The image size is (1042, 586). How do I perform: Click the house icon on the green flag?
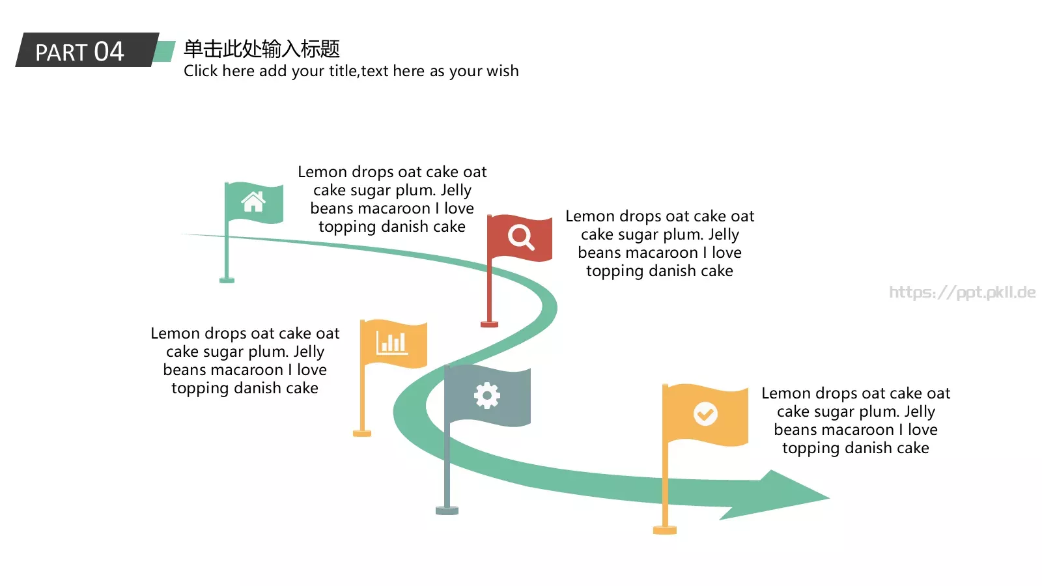point(253,202)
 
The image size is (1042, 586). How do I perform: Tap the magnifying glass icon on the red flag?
point(520,237)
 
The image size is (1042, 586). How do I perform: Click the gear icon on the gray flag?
point(487,395)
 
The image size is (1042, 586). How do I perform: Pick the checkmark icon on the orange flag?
point(705,413)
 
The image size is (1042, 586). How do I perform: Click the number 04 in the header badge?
point(109,51)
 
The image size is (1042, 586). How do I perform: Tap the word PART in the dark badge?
point(61,53)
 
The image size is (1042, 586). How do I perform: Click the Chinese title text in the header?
point(262,49)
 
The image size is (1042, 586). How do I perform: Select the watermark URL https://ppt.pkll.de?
point(963,292)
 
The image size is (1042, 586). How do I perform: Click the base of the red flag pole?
point(489,324)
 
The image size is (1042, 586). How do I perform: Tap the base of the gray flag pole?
point(447,510)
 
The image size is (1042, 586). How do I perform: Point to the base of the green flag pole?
point(227,280)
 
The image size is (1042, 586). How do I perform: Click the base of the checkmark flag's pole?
point(665,530)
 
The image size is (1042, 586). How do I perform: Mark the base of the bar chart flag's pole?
point(362,434)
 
